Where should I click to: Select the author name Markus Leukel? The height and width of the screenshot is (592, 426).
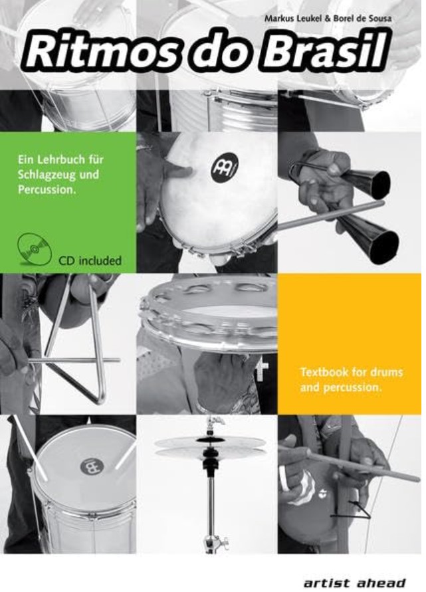[292, 18]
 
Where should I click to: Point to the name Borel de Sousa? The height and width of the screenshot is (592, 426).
[362, 18]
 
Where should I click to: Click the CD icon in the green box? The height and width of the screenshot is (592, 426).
[35, 248]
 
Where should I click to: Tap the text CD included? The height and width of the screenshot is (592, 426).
[90, 260]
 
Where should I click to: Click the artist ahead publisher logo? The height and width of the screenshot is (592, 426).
[354, 583]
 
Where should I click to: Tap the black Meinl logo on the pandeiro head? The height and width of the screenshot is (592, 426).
[225, 166]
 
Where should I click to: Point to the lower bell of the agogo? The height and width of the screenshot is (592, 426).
[372, 238]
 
